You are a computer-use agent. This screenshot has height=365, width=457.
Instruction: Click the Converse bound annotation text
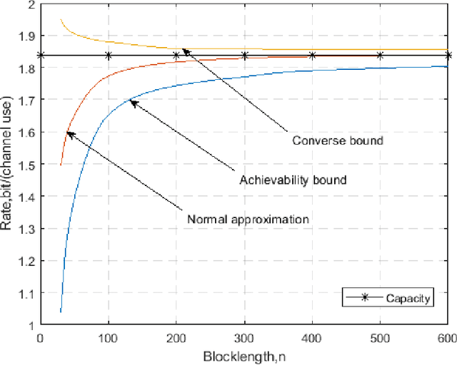coord(338,140)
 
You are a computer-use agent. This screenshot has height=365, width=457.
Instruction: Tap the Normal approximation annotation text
coord(248,220)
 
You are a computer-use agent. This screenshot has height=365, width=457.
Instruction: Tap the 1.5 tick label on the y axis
coord(26,164)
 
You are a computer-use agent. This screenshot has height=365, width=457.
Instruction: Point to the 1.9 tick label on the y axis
coord(26,36)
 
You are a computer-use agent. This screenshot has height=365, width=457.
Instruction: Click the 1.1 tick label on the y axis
coord(26,293)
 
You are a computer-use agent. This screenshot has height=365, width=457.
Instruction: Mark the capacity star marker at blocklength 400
coord(312,55)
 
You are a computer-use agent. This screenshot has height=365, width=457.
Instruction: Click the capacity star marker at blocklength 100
coord(108,55)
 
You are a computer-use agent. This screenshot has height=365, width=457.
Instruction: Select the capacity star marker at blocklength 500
coord(380,55)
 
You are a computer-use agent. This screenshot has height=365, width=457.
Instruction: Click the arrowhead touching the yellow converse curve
coord(184,50)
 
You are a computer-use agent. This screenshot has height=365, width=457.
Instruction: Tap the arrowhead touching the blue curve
coord(132,103)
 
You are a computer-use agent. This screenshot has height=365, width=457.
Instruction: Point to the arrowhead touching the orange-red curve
coord(69,133)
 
